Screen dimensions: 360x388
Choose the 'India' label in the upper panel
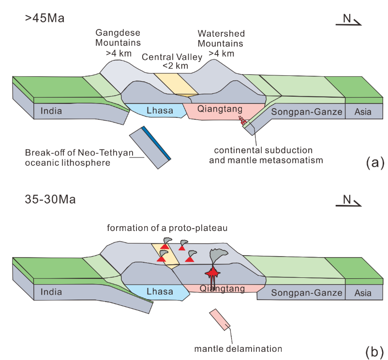(x=52, y=111)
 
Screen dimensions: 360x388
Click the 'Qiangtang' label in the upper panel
(x=217, y=110)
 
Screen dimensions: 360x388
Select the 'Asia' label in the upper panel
(x=363, y=112)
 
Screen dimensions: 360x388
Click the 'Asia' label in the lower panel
(x=363, y=292)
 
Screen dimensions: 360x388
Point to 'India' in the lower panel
(x=52, y=292)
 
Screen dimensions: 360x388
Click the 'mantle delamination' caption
(x=238, y=348)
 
